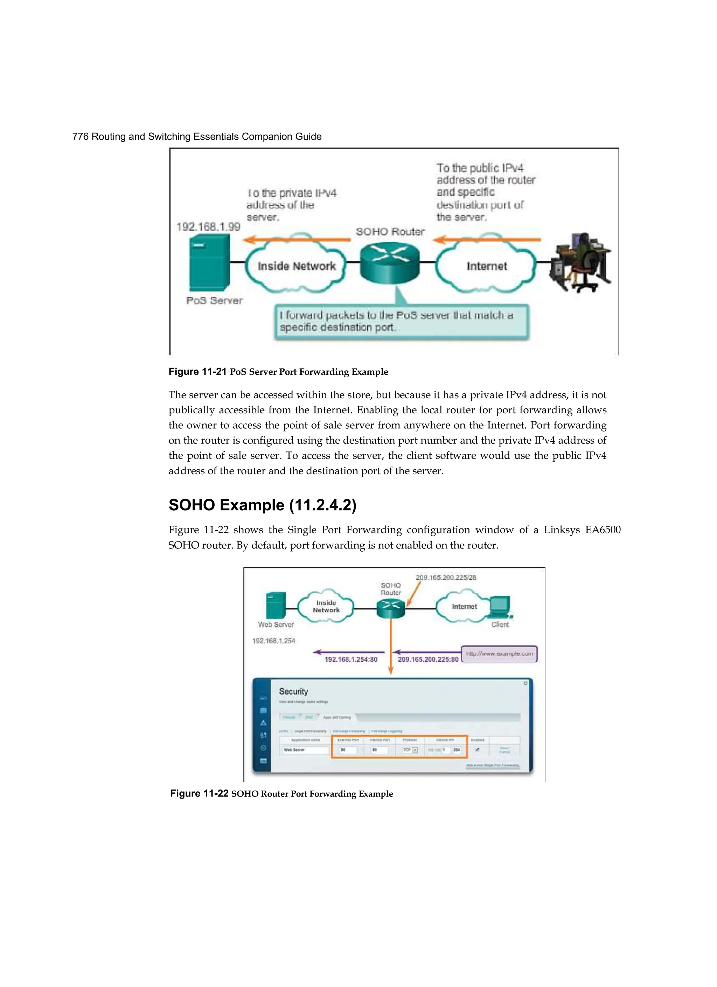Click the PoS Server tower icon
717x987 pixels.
coord(209,263)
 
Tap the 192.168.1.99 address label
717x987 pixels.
coord(208,227)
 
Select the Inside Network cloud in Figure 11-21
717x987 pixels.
coord(296,266)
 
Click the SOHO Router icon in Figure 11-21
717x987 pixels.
coord(390,262)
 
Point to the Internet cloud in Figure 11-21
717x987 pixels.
coord(486,266)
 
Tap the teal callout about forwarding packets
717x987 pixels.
coord(401,322)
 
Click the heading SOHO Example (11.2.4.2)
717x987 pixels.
coord(262,505)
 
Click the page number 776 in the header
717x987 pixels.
coord(80,137)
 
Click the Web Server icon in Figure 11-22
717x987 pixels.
coord(276,605)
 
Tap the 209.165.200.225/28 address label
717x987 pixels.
coord(446,578)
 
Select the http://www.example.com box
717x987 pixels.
coord(499,654)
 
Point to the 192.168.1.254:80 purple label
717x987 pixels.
coord(351,659)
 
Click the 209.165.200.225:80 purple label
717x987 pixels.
coord(428,659)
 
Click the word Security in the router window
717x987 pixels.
coord(293,691)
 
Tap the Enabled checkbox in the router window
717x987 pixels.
coord(477,750)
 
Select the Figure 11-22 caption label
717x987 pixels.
coord(199,793)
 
